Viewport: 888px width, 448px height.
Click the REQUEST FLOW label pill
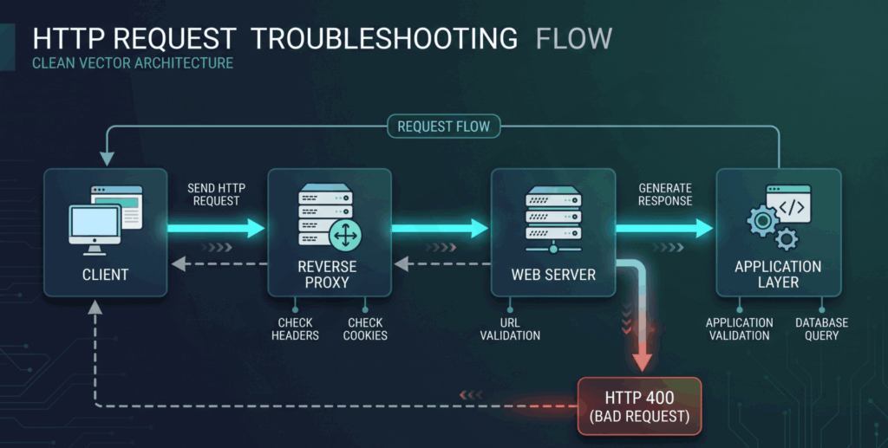(x=443, y=127)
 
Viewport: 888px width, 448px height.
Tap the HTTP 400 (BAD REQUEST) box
(x=639, y=406)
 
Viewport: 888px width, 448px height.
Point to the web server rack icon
(x=553, y=219)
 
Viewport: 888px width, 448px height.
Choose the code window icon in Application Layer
(x=788, y=204)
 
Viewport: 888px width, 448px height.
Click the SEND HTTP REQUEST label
(x=216, y=195)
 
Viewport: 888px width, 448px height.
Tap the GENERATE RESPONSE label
(x=665, y=195)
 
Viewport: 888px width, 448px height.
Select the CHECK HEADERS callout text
(x=295, y=329)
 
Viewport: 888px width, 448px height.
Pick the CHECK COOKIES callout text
(x=365, y=329)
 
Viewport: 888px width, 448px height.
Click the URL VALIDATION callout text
(x=510, y=329)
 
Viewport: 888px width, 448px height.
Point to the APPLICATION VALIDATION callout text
(x=739, y=329)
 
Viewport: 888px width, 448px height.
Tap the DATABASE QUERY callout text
(x=822, y=329)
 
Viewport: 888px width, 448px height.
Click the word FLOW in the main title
(x=574, y=39)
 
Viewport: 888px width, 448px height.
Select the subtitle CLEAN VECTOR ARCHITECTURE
(x=133, y=62)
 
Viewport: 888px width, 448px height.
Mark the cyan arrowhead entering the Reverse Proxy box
(x=256, y=229)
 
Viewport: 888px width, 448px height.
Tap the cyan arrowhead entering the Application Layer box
(x=703, y=229)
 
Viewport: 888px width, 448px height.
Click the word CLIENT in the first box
(x=105, y=275)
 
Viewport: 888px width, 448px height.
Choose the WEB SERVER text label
(x=553, y=275)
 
